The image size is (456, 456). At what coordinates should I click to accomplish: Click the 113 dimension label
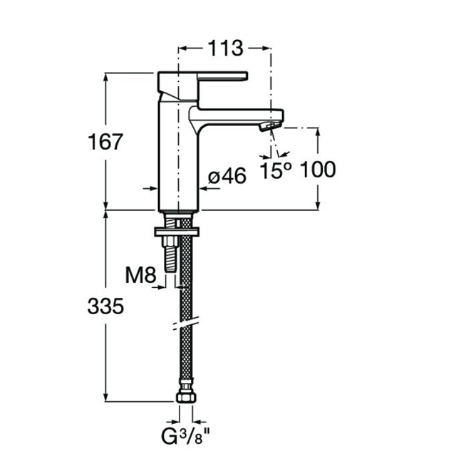pyautogui.click(x=226, y=48)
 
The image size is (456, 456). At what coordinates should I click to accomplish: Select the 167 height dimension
pyautogui.click(x=105, y=142)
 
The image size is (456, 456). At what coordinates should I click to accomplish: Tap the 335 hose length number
pyautogui.click(x=105, y=306)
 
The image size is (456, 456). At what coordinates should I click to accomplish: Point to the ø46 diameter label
pyautogui.click(x=227, y=176)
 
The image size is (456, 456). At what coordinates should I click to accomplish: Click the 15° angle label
pyautogui.click(x=276, y=170)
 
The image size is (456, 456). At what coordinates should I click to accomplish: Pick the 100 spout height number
pyautogui.click(x=318, y=170)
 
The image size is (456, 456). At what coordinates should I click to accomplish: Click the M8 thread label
pyautogui.click(x=141, y=275)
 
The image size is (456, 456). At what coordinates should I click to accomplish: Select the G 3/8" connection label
pyautogui.click(x=186, y=436)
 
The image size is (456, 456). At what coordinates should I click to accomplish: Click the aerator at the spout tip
pyautogui.click(x=270, y=127)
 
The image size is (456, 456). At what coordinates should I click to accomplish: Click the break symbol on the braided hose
pyautogui.click(x=187, y=323)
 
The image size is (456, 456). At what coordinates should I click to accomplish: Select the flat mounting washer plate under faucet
pyautogui.click(x=177, y=232)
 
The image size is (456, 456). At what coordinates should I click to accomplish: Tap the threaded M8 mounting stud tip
pyautogui.click(x=170, y=269)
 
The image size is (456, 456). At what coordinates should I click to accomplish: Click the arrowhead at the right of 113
pyautogui.click(x=266, y=48)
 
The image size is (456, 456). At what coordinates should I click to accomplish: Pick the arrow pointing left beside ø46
pyautogui.click(x=209, y=189)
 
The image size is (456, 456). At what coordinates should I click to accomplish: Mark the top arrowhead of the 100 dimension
pyautogui.click(x=318, y=133)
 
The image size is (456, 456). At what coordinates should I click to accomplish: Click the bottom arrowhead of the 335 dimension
pyautogui.click(x=106, y=397)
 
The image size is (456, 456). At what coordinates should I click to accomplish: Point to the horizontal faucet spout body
pyautogui.click(x=236, y=117)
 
